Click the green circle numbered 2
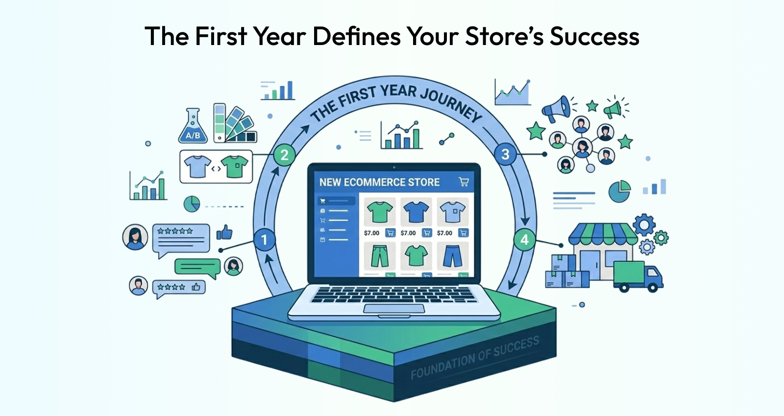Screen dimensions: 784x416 284,155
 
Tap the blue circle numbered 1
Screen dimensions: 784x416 264,240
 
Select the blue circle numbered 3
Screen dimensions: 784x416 505,154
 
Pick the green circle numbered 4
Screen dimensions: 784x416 524,240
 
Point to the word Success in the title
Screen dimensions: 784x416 594,36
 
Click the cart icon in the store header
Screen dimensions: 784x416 464,182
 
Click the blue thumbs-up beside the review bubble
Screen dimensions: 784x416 224,232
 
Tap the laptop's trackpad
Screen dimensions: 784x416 394,309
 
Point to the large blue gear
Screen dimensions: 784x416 644,225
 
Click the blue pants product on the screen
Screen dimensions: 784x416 453,256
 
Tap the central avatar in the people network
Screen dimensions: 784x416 582,147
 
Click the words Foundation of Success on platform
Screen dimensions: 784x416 475,358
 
